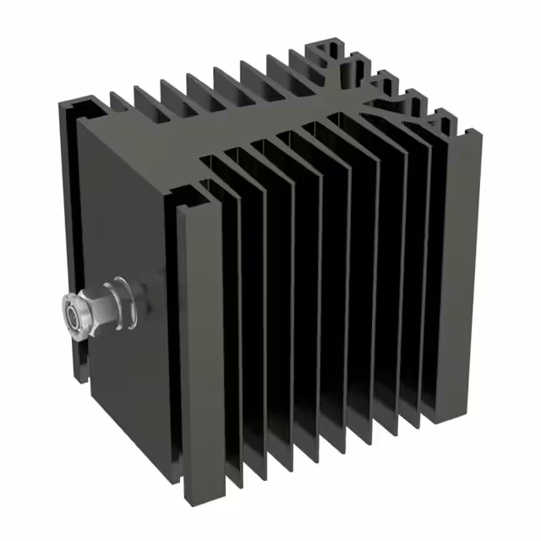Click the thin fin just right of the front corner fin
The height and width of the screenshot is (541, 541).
[x=229, y=338]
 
